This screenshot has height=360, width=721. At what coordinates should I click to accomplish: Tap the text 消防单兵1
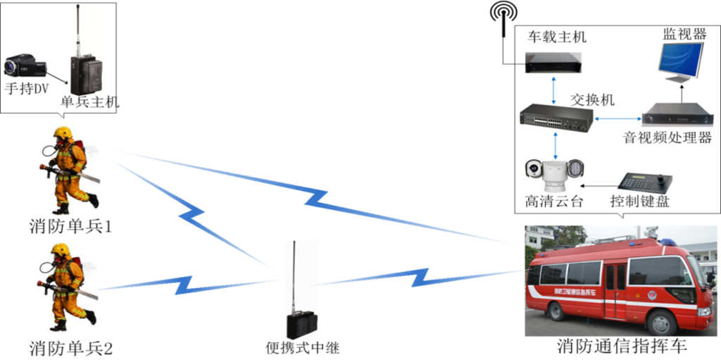[x=71, y=227]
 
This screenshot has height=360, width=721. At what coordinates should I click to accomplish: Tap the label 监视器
[x=682, y=33]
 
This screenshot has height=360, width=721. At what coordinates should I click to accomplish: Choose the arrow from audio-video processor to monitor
[x=681, y=92]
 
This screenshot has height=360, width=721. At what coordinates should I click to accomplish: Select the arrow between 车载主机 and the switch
[x=556, y=89]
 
